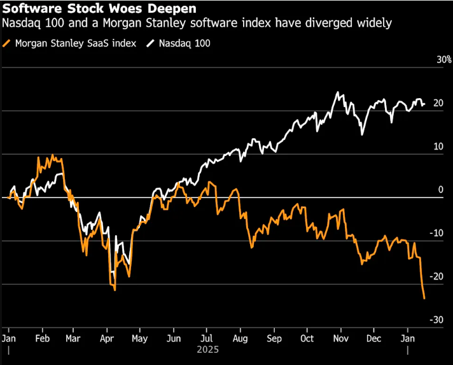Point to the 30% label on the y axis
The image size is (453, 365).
[443, 60]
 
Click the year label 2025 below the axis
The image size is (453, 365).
[208, 350]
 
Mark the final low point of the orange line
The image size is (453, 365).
[424, 298]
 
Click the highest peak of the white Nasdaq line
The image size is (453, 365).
[337, 92]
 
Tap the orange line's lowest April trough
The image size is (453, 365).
[115, 290]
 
